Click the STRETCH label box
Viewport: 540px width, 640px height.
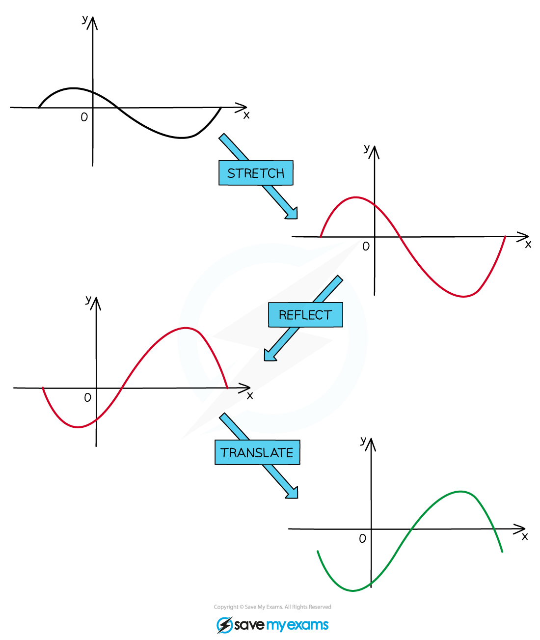coord(256,173)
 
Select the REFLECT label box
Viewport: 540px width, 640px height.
coord(305,314)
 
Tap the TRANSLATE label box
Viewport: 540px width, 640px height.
coord(257,452)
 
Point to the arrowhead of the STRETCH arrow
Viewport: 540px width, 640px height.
coord(293,214)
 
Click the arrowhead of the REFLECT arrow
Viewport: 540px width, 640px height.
coord(269,356)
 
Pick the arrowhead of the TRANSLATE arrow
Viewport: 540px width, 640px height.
coord(293,494)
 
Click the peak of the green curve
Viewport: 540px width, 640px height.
coord(460,491)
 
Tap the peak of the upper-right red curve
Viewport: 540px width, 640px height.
coord(355,197)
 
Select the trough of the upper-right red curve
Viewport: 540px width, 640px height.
coord(464,296)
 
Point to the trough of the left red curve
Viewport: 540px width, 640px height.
coord(79,427)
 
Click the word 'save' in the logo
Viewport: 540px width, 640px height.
coord(249,625)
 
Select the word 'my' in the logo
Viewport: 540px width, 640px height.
coord(275,626)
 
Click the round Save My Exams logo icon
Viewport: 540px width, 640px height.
coord(224,625)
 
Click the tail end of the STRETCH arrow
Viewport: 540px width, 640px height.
coord(223,137)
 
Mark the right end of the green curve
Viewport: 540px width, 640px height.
coord(502,552)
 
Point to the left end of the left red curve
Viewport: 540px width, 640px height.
coord(43,388)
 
